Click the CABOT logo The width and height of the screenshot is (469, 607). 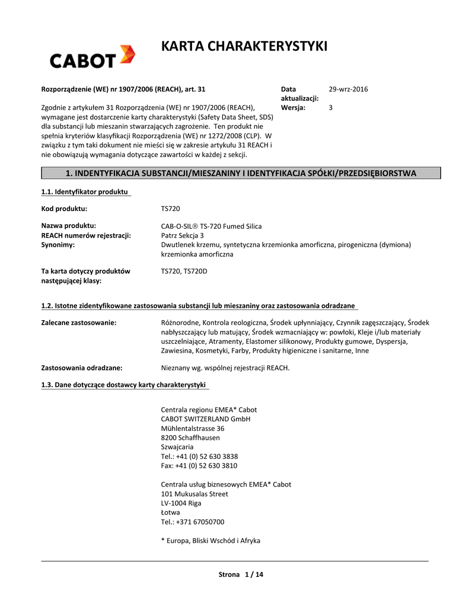92,57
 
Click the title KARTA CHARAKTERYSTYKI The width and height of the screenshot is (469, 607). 244,46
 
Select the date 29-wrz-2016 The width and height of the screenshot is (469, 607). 349,89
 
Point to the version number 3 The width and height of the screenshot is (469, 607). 331,107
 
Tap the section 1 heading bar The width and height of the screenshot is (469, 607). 241,173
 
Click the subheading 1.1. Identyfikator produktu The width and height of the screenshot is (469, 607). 85,191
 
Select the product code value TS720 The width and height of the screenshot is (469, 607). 171,209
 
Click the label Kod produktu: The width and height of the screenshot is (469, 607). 64,209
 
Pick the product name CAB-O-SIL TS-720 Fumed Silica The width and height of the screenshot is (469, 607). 212,226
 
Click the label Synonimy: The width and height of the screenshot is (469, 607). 58,244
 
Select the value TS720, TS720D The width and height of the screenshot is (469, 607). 184,271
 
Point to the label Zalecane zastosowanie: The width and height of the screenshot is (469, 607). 78,322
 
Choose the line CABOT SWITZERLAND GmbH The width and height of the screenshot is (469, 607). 206,419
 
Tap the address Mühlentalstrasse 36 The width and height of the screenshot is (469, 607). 193,428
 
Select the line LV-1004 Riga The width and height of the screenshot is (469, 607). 181,503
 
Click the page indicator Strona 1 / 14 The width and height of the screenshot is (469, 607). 241,574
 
